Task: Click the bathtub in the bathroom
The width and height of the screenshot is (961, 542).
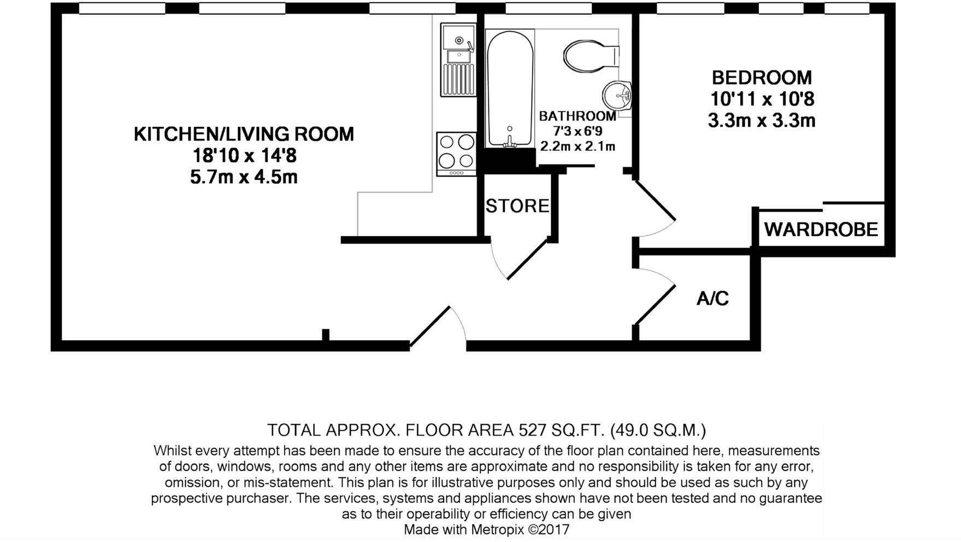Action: pos(510,89)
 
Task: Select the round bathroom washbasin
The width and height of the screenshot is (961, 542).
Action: pos(617,96)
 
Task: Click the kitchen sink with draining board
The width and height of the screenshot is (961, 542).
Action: pos(458,60)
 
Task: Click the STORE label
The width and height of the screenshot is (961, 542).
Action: pos(517,206)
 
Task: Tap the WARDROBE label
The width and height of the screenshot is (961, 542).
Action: pos(821,229)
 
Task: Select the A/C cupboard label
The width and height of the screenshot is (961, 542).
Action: pos(713,299)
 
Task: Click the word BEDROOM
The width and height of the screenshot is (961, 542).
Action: pos(762,77)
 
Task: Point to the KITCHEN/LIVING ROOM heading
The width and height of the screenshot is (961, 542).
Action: pos(244,134)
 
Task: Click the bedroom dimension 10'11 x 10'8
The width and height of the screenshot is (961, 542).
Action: pos(762,99)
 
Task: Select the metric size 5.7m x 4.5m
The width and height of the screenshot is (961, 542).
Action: pos(244,177)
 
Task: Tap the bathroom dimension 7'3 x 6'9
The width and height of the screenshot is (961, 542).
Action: pos(577,131)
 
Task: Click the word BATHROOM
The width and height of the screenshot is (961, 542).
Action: pos(577,116)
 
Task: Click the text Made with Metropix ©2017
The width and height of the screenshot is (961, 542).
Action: pos(486,529)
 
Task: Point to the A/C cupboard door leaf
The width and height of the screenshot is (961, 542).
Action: pos(655,305)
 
